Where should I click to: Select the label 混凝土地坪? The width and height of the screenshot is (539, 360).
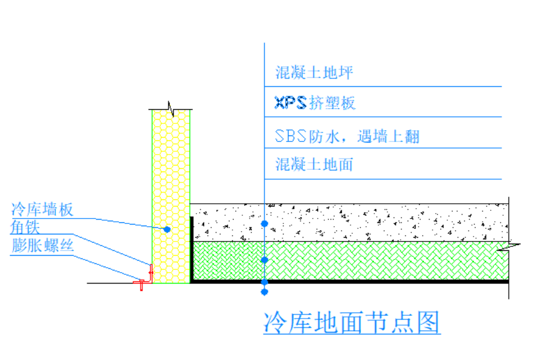(x=314, y=73)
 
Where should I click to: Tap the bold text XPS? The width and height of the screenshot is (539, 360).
(x=290, y=103)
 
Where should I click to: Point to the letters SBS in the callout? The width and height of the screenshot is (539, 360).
(x=291, y=136)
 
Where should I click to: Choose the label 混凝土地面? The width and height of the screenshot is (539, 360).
(x=314, y=164)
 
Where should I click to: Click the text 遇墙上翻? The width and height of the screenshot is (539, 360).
(x=388, y=136)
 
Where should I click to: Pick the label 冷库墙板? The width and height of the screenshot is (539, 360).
(x=42, y=209)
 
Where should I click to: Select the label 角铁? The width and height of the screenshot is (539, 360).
(x=25, y=227)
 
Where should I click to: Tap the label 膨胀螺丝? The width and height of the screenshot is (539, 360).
(x=42, y=245)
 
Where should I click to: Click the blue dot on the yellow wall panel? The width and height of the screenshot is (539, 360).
(x=168, y=229)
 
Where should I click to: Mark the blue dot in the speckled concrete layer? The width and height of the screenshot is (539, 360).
(x=265, y=223)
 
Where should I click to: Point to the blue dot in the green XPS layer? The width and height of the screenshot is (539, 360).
(x=265, y=260)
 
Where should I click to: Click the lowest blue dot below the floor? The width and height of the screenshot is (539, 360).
(x=265, y=292)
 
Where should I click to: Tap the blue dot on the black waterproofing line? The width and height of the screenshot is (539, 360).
(x=265, y=282)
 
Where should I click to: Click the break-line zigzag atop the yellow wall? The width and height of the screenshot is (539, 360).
(x=171, y=108)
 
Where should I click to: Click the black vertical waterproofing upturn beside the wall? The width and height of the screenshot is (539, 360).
(x=191, y=249)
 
